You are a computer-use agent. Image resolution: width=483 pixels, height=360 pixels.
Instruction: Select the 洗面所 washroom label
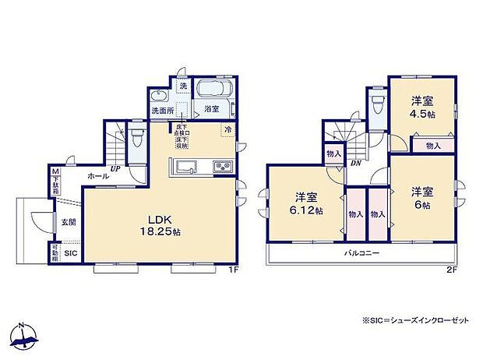pos(163,111)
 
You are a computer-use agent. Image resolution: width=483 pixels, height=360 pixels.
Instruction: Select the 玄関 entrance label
pos(69,221)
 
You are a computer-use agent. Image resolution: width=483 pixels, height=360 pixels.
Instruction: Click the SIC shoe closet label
pos(69,254)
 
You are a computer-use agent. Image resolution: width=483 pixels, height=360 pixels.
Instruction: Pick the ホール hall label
pos(97,176)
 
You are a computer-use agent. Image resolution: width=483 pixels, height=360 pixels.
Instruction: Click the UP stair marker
pos(115,168)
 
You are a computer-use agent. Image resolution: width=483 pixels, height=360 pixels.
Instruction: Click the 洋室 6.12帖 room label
pos(305,204)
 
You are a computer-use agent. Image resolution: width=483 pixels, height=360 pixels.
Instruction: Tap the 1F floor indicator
pos(231,270)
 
